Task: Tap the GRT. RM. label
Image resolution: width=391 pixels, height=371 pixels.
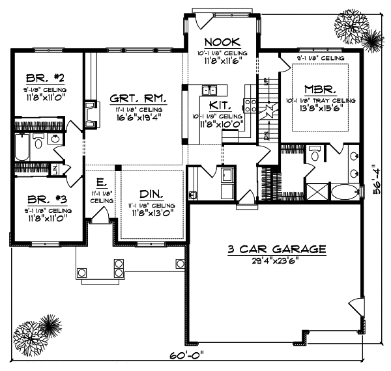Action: pos(137,100)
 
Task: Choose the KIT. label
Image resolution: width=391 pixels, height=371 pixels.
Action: pos(218,104)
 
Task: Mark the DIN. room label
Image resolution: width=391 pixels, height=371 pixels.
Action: pos(151,193)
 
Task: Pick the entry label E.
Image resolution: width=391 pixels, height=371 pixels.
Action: pos(102,182)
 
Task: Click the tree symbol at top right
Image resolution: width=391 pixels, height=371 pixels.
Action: pos(356,29)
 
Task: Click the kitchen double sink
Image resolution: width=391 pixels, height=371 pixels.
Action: pos(210,91)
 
